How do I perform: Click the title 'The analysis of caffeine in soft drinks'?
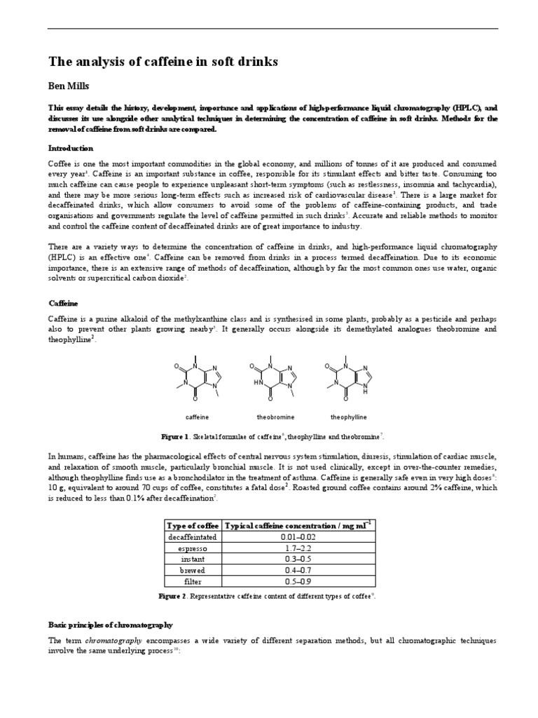click(x=163, y=62)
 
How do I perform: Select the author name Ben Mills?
click(x=69, y=86)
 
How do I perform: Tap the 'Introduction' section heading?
click(x=70, y=149)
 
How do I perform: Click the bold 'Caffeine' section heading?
click(x=63, y=303)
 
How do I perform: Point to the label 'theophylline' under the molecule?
click(x=348, y=417)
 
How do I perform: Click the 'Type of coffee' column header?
click(x=193, y=525)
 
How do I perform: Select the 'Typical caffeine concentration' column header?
click(x=298, y=525)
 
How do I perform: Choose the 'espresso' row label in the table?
click(x=193, y=548)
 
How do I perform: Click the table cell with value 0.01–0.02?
click(x=298, y=536)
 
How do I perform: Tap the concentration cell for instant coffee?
click(x=298, y=559)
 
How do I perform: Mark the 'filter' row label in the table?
click(x=193, y=581)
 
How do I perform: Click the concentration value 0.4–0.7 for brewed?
click(x=298, y=570)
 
